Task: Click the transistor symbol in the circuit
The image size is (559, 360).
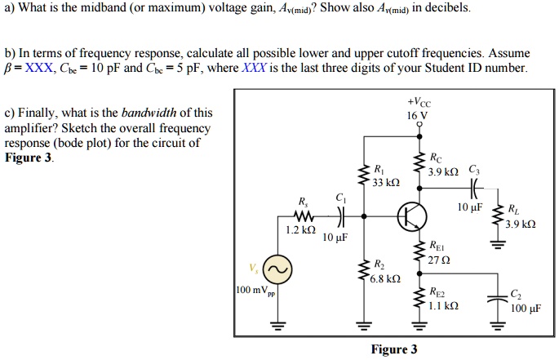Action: coord(411,216)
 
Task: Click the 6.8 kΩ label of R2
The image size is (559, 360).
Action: coord(384,278)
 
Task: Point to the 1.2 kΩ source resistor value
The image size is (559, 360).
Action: coord(301,231)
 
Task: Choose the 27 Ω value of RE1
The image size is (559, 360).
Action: coord(437,260)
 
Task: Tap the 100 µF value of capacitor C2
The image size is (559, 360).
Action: coord(524,309)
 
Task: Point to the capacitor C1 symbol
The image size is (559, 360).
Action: coord(339,216)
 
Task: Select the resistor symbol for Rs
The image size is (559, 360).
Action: coord(304,216)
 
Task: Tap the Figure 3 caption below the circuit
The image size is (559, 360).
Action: coord(393,349)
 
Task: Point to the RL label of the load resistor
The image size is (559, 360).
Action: coord(512,208)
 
